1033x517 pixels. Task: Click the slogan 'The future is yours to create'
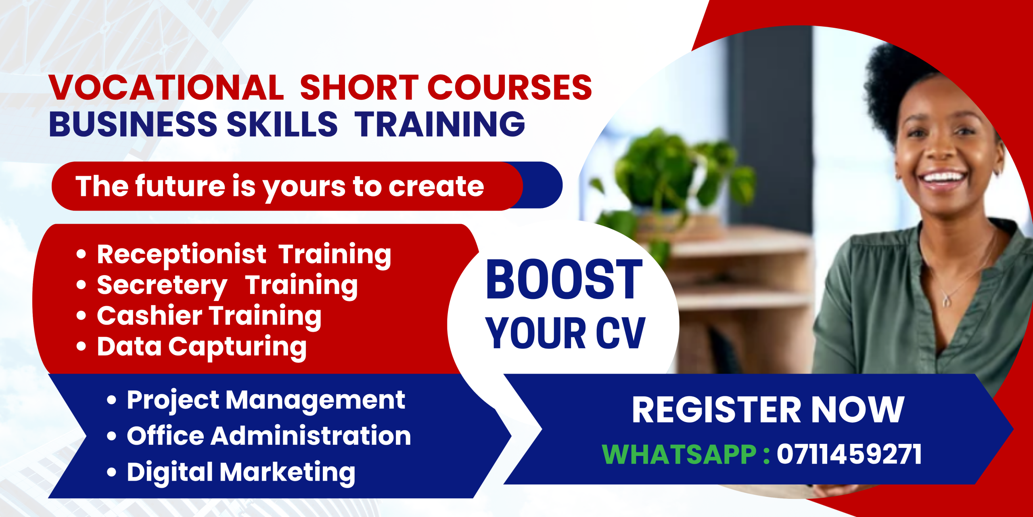tap(280, 186)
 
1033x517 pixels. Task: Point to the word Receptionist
tap(182, 254)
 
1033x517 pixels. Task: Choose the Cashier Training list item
tap(209, 317)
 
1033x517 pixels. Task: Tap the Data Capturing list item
tap(202, 347)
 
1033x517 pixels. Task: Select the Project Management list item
tap(266, 401)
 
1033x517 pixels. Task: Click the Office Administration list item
tap(269, 436)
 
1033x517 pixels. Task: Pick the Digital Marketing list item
tap(241, 473)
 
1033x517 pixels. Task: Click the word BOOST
tap(564, 280)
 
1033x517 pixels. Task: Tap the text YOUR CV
tap(565, 333)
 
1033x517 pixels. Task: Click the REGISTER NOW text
tap(768, 410)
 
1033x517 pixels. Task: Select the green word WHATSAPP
tap(679, 454)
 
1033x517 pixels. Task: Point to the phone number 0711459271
tap(849, 454)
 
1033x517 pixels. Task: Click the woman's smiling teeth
tap(943, 178)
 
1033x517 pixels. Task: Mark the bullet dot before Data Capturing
tap(81, 347)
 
